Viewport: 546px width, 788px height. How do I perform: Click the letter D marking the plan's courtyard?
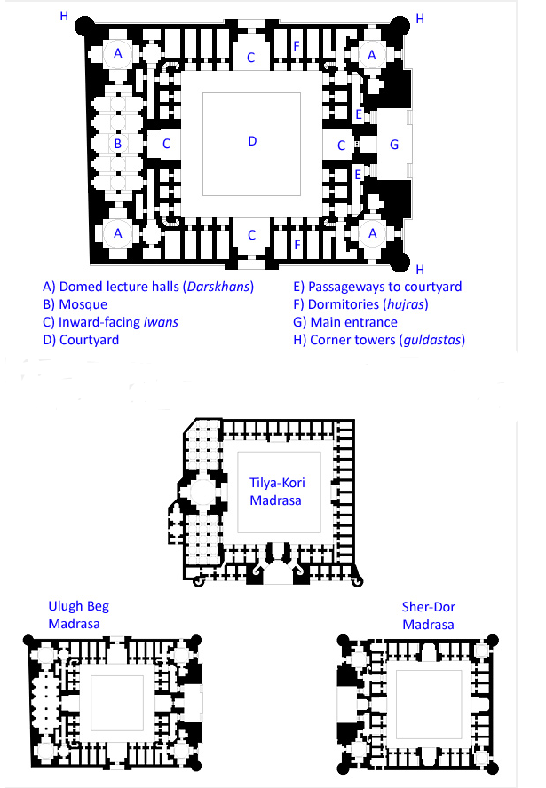click(251, 142)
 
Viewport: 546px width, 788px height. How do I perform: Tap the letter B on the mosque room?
click(116, 142)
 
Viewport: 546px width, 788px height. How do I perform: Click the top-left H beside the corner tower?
click(63, 16)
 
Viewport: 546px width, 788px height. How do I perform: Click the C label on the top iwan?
click(251, 59)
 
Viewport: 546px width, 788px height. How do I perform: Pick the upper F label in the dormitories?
click(298, 44)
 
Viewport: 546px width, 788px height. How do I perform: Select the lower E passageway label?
click(358, 174)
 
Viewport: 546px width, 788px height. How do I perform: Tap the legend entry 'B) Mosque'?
click(75, 304)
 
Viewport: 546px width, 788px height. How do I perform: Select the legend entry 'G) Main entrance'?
click(345, 322)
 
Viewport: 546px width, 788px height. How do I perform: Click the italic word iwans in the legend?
click(163, 322)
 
